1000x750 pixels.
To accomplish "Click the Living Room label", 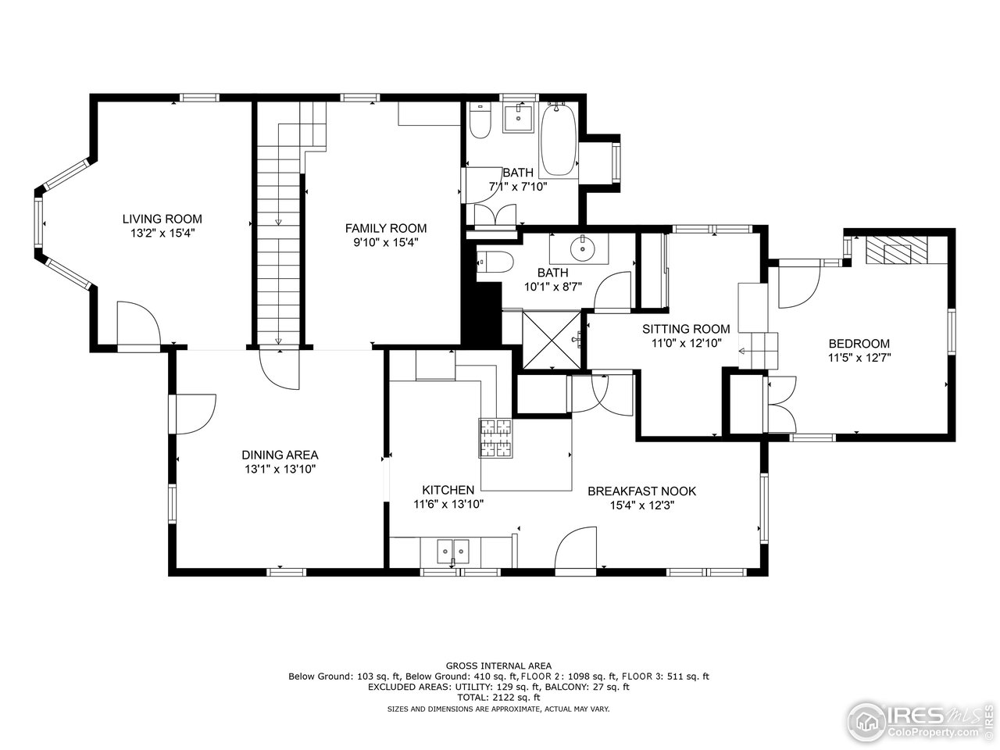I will pyautogui.click(x=162, y=219).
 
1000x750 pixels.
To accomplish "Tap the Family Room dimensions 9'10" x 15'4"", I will pyautogui.click(x=386, y=242).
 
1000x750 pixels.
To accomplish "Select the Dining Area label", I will pyautogui.click(x=280, y=455).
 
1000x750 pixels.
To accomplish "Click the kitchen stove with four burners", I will pyautogui.click(x=496, y=438).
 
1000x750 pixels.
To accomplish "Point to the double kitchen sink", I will pyautogui.click(x=452, y=552).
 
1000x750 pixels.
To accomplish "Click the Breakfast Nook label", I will pyautogui.click(x=641, y=491).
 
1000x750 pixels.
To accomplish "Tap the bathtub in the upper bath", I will pyautogui.click(x=558, y=141).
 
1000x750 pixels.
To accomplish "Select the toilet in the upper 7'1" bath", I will pyautogui.click(x=480, y=123).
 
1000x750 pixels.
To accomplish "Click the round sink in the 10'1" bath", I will pyautogui.click(x=582, y=249).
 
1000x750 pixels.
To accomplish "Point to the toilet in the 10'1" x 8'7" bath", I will pyautogui.click(x=495, y=262).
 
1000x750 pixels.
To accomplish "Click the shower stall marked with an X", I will pyautogui.click(x=552, y=339).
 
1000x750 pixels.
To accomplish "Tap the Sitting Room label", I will pyautogui.click(x=686, y=329).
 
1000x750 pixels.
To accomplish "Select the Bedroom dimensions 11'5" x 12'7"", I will pyautogui.click(x=859, y=357).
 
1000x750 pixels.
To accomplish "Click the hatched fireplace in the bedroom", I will pyautogui.click(x=898, y=250).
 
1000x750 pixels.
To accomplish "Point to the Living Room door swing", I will pyautogui.click(x=137, y=323).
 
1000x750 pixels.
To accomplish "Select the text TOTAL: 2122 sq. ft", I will pyautogui.click(x=498, y=698).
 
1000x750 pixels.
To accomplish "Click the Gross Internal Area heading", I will pyautogui.click(x=498, y=666).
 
